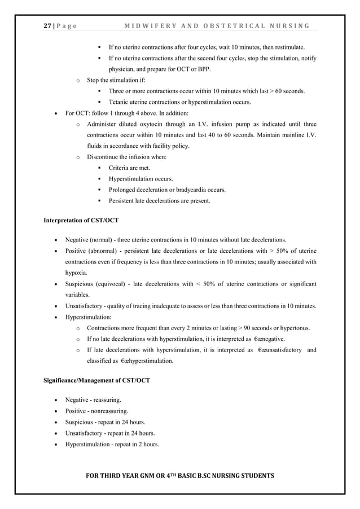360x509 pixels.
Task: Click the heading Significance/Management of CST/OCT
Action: (x=96, y=380)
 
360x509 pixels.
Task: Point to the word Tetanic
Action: (x=120, y=102)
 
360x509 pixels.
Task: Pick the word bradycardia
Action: (x=188, y=190)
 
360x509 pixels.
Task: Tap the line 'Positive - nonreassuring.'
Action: (x=96, y=411)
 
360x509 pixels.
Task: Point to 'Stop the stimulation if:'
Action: (x=116, y=80)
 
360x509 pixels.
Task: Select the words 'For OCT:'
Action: (x=78, y=113)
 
